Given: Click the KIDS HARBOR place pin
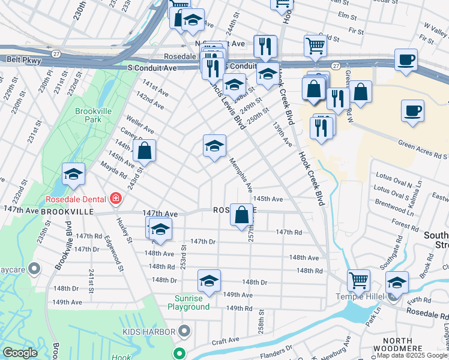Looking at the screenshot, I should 185,331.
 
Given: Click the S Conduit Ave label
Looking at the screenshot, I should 152,68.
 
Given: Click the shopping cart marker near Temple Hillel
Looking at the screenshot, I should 358,280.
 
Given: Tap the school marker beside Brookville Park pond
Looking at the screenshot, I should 73,174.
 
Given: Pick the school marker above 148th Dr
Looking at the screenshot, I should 208,280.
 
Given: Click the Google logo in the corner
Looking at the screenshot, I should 20,353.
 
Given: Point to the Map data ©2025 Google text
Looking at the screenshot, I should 412,356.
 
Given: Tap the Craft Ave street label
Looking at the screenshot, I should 225,340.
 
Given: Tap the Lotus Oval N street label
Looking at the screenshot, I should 393,177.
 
